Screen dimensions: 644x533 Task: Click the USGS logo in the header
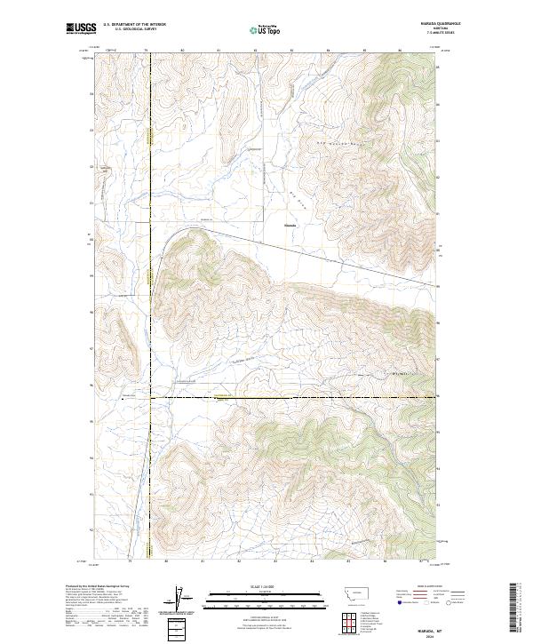pyautogui.click(x=81, y=28)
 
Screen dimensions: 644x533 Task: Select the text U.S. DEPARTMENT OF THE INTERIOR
pyautogui.click(x=133, y=25)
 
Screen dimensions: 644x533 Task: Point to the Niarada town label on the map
pyautogui.click(x=290, y=225)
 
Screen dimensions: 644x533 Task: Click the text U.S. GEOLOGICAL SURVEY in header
pyautogui.click(x=133, y=29)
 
